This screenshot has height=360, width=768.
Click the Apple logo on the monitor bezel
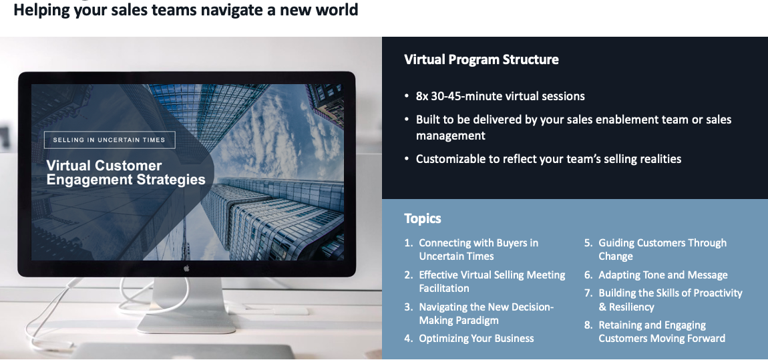[x=186, y=268]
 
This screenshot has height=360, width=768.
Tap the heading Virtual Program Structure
[x=481, y=59]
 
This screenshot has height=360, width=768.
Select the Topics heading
[x=422, y=218]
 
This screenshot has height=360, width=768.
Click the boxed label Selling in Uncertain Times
[x=110, y=140]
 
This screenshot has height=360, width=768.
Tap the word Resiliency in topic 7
[x=631, y=307]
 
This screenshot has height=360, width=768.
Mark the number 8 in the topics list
[x=588, y=325]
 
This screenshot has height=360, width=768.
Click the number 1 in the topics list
[x=408, y=243]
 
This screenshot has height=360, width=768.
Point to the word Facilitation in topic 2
[x=443, y=289]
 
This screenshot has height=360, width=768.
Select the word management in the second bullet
[x=450, y=136]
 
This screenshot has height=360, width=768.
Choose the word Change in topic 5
[x=616, y=256]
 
